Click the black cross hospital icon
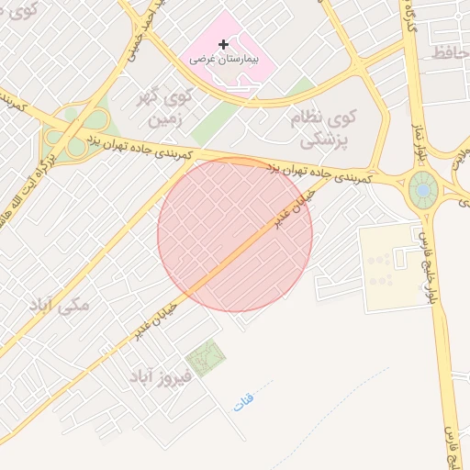[223, 43]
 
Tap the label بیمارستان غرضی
[225, 58]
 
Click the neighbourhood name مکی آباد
[61, 304]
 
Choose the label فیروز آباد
[159, 376]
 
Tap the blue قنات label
[242, 401]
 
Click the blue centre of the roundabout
[422, 190]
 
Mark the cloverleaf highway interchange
[73, 138]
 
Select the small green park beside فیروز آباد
[205, 356]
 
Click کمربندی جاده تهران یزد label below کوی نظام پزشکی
[326, 171]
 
